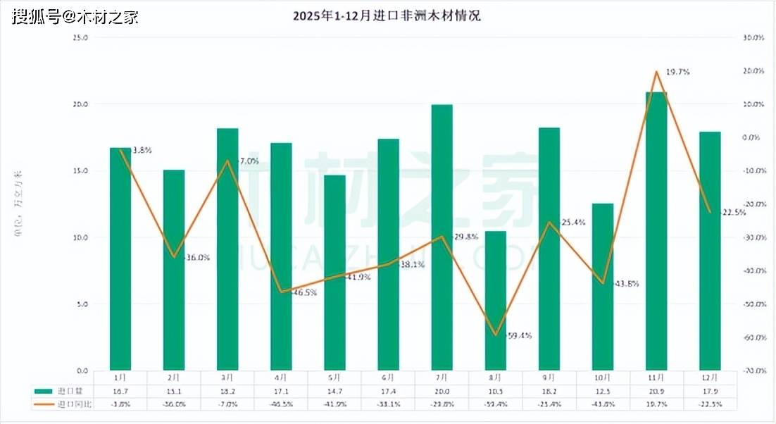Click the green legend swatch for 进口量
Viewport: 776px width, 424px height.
pos(44,390)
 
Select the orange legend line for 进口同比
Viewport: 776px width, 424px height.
pos(44,404)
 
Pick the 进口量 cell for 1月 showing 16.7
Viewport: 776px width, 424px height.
pos(120,391)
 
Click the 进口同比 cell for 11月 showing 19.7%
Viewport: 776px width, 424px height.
pos(656,404)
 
